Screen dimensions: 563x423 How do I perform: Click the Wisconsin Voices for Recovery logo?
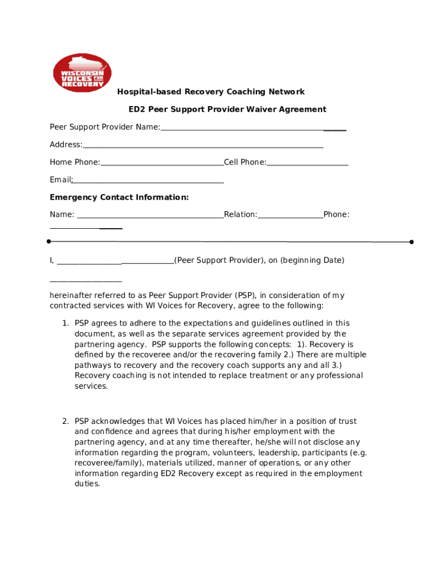[x=82, y=73]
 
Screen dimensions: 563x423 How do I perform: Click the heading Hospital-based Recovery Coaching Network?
[x=211, y=92]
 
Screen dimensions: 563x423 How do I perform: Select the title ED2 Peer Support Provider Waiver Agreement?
[x=227, y=109]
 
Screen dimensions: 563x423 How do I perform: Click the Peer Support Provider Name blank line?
[x=253, y=128]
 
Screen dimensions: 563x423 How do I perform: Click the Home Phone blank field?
[x=162, y=163]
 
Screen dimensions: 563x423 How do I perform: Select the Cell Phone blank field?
[x=308, y=163]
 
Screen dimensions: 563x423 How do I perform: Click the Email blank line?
[x=148, y=180]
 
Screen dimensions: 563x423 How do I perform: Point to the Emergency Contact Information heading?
[x=119, y=197]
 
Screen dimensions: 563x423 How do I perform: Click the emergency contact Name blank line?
[x=150, y=215]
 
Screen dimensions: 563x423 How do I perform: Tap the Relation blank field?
[x=290, y=215]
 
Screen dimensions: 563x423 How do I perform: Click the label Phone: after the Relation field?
[x=336, y=214]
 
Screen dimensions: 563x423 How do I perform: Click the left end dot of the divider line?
[x=49, y=241]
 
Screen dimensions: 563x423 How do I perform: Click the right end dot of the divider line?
[x=411, y=242]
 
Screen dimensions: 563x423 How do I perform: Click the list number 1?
[x=65, y=323]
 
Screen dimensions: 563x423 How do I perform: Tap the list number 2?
[x=65, y=421]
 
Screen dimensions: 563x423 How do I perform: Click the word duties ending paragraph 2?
[x=87, y=484]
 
